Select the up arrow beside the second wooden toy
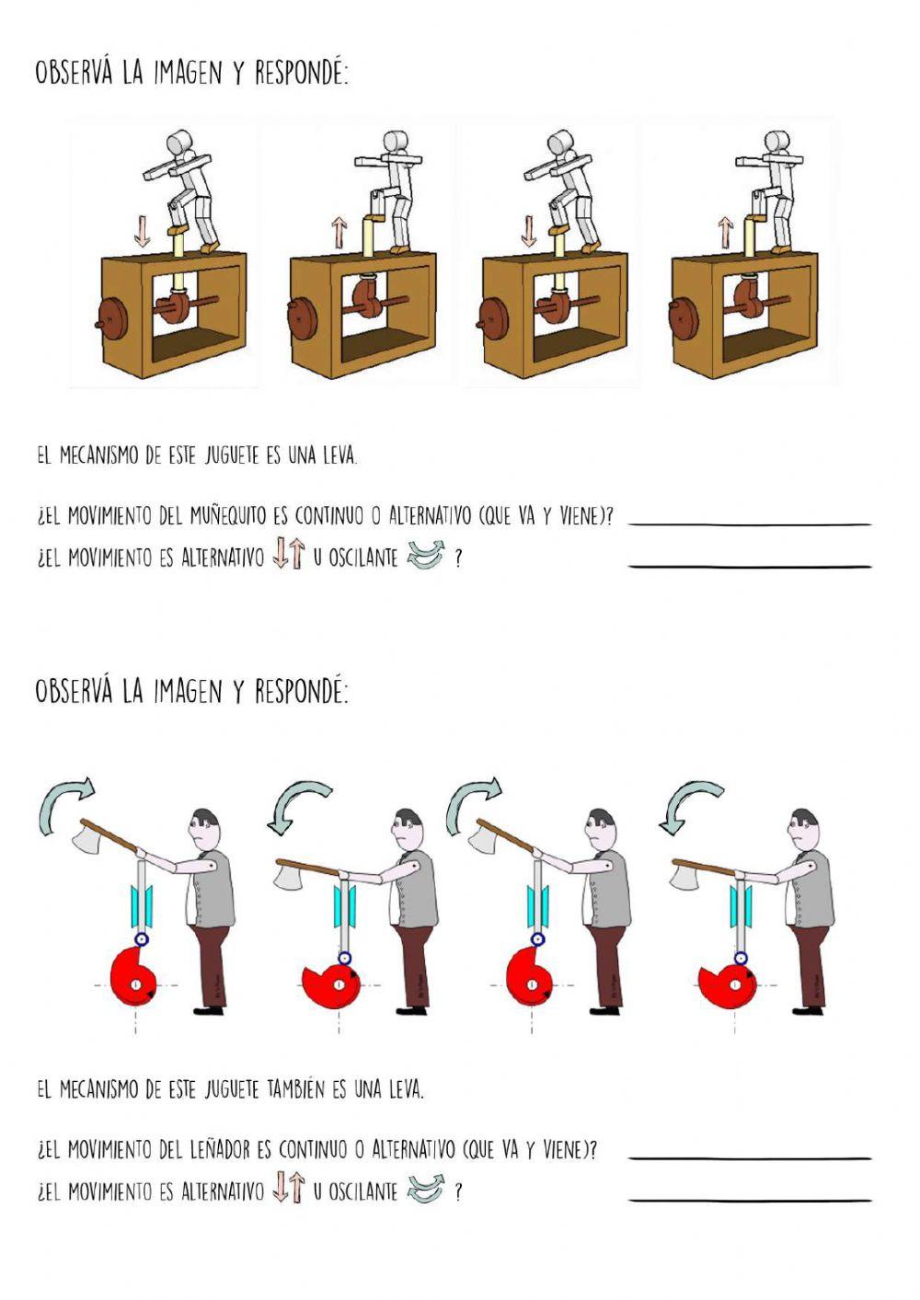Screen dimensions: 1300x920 (x=339, y=232)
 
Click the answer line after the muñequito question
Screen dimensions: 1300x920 (x=749, y=523)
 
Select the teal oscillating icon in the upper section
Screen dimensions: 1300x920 (x=425, y=555)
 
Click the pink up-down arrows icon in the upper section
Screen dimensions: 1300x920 (x=289, y=554)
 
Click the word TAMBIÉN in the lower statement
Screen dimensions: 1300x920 (x=295, y=1090)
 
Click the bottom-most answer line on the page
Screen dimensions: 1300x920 (x=749, y=1200)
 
